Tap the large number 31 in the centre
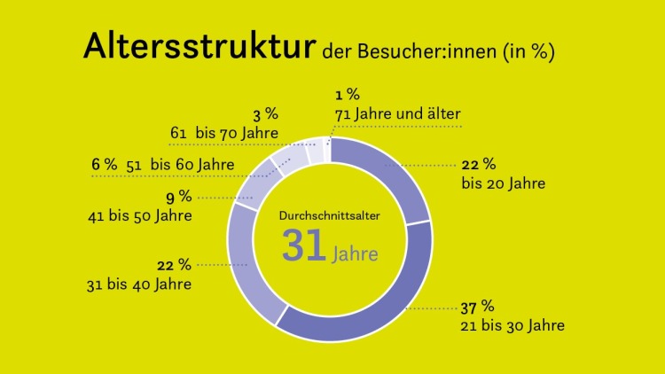pyautogui.click(x=304, y=245)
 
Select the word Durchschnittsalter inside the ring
pyautogui.click(x=329, y=215)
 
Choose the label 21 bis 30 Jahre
pyautogui.click(x=512, y=325)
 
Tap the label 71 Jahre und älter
pyautogui.click(x=398, y=113)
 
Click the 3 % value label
pyautogui.click(x=266, y=114)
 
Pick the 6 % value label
pyautogui.click(x=104, y=164)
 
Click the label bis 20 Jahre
pyautogui.click(x=503, y=183)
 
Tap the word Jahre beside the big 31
pyautogui.click(x=356, y=254)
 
